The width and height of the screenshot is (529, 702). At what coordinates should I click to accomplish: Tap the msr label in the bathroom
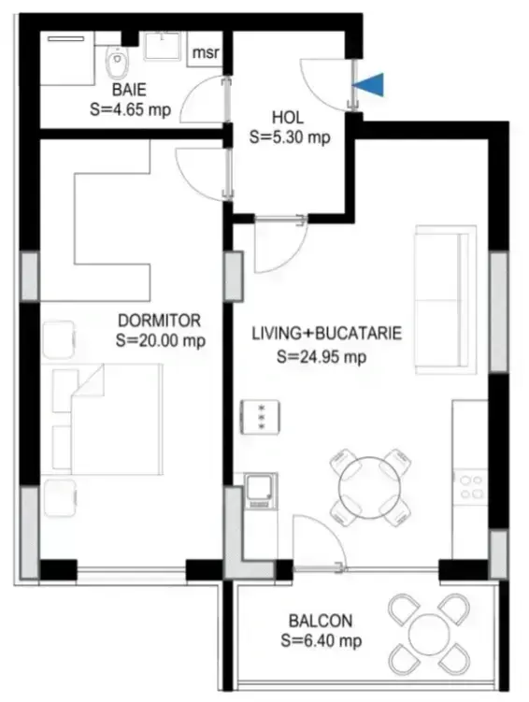tap(206, 53)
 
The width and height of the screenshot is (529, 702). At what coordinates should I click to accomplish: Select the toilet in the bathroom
tap(117, 63)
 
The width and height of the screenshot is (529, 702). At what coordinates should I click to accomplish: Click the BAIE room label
tap(129, 90)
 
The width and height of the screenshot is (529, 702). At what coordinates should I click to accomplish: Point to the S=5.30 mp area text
tap(290, 137)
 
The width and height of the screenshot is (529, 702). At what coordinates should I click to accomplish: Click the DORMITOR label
tap(159, 321)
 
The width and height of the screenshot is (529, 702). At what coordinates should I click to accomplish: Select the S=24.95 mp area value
tap(322, 357)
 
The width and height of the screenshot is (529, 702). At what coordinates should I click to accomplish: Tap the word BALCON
tap(321, 621)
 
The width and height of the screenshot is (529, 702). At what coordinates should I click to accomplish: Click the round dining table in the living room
tap(370, 487)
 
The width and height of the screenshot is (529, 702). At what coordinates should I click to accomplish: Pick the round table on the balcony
tap(429, 635)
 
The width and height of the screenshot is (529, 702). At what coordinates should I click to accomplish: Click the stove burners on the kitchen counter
tap(472, 487)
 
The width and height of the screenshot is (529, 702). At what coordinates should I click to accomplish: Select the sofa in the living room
tap(445, 299)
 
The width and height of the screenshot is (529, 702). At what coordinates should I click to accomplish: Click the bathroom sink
tap(162, 45)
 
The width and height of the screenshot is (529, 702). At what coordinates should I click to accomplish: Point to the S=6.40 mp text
tap(322, 640)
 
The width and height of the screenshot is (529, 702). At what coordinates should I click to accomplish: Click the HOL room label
tap(288, 118)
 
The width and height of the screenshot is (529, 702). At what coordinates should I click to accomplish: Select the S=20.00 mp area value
tap(161, 340)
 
